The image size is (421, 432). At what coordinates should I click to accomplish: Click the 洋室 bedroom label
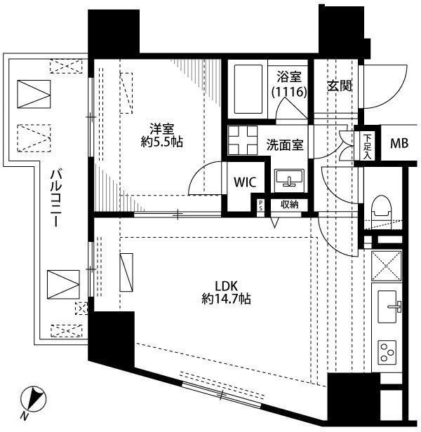tap(161, 128)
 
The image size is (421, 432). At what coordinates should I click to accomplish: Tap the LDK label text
tap(227, 287)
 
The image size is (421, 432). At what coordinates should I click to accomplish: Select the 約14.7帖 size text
tap(227, 299)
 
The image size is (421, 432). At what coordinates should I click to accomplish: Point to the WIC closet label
tap(245, 182)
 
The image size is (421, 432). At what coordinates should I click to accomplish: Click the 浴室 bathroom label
tap(289, 77)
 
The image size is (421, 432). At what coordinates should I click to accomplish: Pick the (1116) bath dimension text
tap(289, 91)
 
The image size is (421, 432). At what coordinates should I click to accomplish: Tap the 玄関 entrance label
tap(340, 86)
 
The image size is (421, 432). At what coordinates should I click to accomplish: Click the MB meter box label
tap(399, 143)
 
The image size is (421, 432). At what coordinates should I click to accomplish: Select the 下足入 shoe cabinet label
tap(367, 146)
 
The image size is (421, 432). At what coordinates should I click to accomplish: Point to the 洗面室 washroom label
tap(285, 145)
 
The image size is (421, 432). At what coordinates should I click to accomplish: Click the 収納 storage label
tap(290, 205)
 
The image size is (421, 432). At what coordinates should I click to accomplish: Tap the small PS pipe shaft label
tap(260, 205)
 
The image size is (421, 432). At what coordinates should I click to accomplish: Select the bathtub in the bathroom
tap(248, 89)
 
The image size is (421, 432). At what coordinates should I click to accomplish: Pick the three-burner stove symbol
tap(387, 352)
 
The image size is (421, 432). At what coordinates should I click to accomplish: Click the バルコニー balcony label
tap(56, 198)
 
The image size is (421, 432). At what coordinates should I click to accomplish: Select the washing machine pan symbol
tap(242, 140)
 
